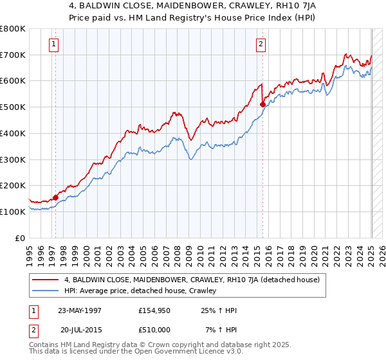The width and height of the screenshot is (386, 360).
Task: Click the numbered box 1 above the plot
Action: [53, 44]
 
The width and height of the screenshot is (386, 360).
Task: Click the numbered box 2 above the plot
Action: [261, 44]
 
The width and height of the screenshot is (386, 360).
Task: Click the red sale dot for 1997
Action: [55, 197]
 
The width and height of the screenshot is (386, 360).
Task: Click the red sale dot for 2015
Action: [263, 104]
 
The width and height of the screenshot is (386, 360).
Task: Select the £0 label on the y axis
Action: [21, 238]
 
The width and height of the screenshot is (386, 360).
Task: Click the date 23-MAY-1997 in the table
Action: [80, 310]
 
